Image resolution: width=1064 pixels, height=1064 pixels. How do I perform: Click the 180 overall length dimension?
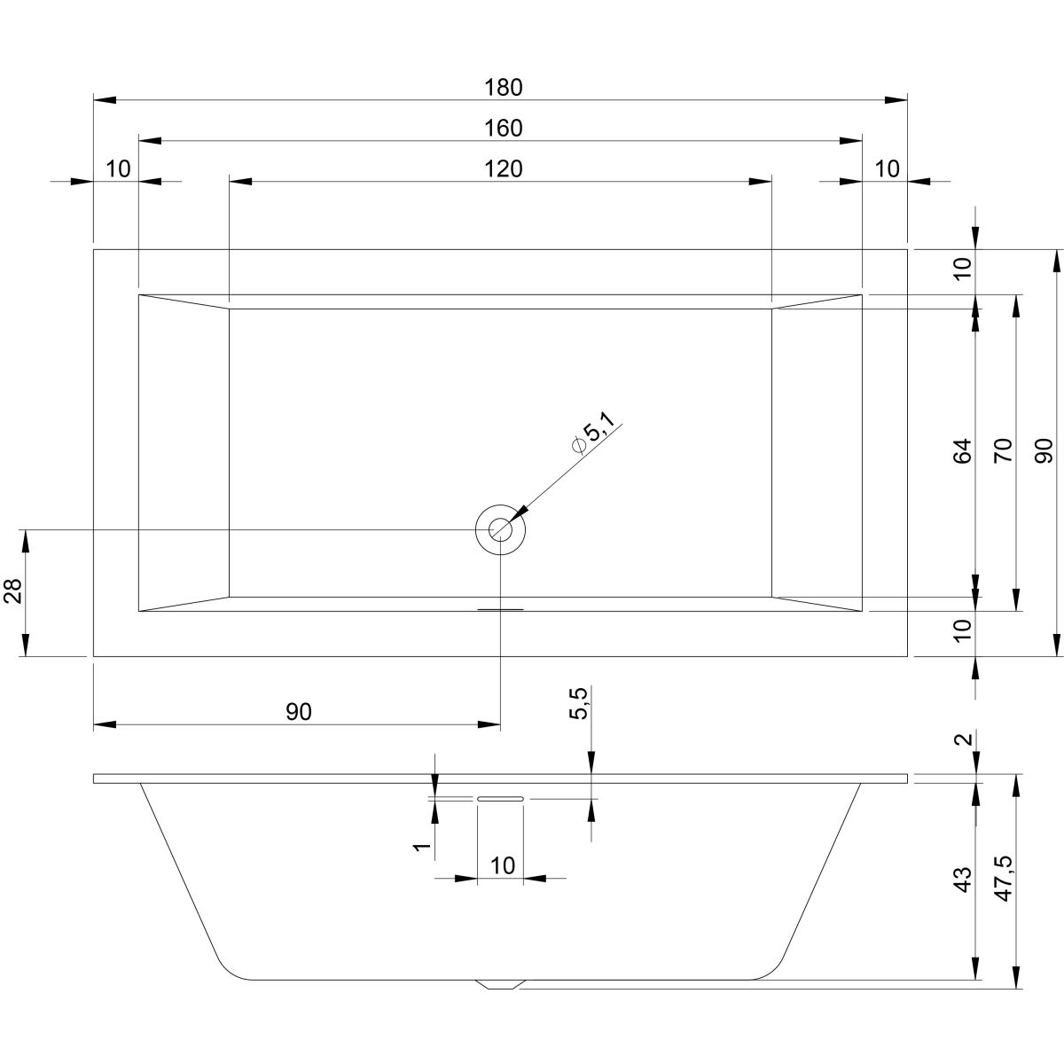504,87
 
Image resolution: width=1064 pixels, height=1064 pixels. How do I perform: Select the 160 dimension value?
504,128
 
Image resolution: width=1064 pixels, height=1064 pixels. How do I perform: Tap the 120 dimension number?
504,168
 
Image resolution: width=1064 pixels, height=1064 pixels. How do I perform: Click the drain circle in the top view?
500,529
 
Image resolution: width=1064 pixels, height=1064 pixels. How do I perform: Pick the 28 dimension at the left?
12,591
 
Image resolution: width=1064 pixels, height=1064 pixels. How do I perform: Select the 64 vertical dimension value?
963,451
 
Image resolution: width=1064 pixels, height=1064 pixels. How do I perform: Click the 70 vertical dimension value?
1003,451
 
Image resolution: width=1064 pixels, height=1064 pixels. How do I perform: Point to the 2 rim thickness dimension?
964,739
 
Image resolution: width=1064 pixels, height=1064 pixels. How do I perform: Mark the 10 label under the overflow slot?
502,866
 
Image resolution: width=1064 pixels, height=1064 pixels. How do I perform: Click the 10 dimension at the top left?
118,168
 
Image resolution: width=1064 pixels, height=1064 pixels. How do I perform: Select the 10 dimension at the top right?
886,168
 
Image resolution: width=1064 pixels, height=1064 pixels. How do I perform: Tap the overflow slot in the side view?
500,799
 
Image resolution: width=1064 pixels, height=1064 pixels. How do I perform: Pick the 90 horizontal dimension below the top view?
299,712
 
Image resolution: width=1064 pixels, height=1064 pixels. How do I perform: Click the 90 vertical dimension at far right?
1044,451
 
